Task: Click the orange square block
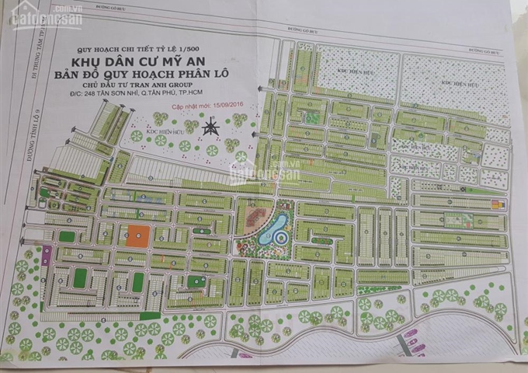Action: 140,235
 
